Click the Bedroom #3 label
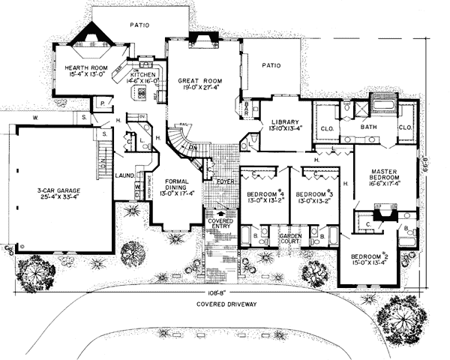click(315, 193)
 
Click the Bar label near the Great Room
click(245, 110)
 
